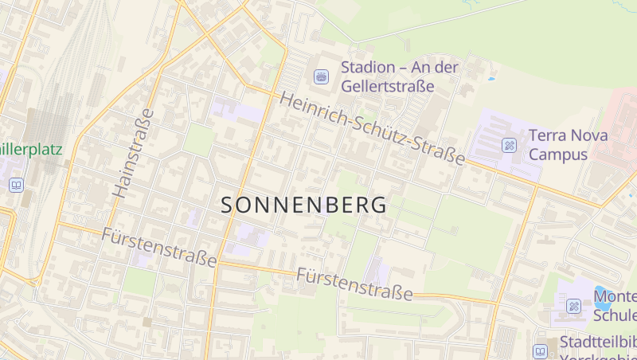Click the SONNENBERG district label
(303, 205)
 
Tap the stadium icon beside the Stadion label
(321, 76)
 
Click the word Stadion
(369, 68)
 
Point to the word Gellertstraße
(387, 86)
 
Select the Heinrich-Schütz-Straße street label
(372, 129)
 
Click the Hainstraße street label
(133, 152)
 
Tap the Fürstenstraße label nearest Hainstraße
(159, 247)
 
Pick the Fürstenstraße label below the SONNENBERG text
(354, 284)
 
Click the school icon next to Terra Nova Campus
(509, 145)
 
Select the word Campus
(558, 155)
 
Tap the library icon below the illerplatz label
(16, 185)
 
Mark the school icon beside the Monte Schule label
(573, 307)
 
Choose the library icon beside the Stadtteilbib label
(541, 350)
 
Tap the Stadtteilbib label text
(597, 343)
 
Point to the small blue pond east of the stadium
(491, 80)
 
